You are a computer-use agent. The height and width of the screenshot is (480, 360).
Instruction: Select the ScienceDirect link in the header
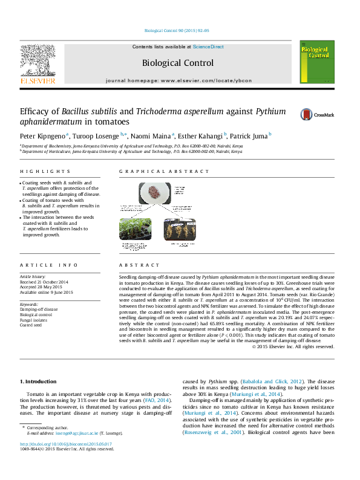(208, 47)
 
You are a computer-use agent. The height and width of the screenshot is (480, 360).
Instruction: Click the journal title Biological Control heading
(177, 63)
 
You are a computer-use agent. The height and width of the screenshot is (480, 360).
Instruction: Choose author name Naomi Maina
(152, 137)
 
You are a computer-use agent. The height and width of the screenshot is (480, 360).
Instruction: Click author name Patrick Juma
(249, 137)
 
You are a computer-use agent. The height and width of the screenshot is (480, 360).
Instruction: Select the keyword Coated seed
(31, 325)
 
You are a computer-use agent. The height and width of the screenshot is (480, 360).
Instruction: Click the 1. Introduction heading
(39, 381)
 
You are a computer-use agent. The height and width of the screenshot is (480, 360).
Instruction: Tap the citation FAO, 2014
(159, 400)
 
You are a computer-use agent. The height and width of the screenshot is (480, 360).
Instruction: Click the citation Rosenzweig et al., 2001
(209, 432)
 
